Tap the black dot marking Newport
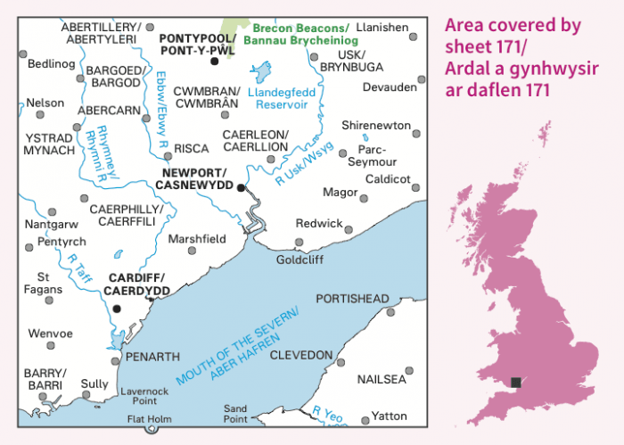[241, 187]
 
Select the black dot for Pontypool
[214, 61]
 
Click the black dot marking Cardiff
[117, 309]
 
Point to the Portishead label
[351, 299]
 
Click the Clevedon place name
[301, 355]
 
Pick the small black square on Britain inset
[515, 383]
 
